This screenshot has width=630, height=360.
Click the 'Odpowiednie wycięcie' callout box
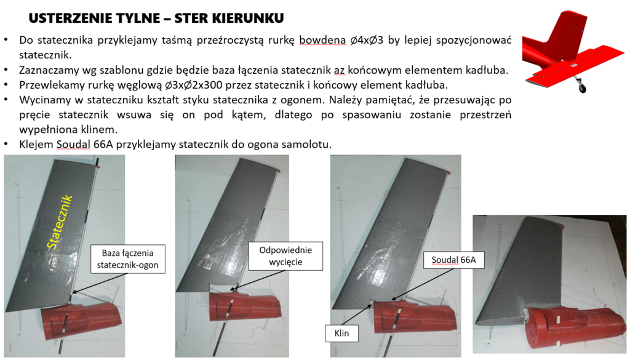pyautogui.click(x=285, y=257)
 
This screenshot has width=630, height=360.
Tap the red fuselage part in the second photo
pyautogui.click(x=246, y=311)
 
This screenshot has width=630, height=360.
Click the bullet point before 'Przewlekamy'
pyautogui.click(x=6, y=85)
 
